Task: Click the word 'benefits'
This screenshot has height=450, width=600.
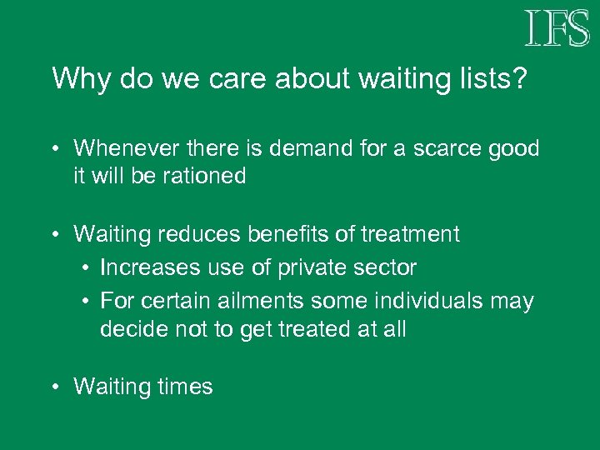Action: (282, 235)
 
